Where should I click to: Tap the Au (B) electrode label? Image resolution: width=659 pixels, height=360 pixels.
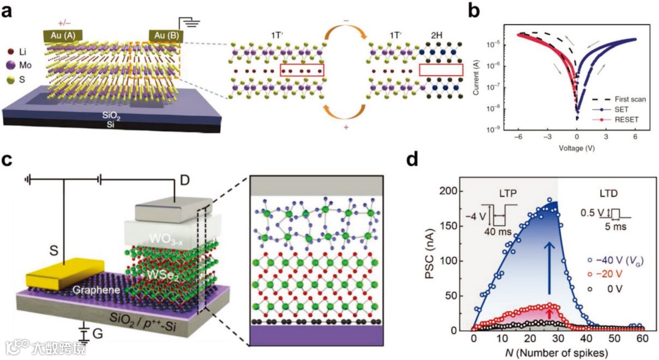(165, 35)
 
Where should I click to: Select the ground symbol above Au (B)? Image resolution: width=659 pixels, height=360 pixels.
(193, 23)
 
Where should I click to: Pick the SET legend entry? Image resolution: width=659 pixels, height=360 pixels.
(613, 109)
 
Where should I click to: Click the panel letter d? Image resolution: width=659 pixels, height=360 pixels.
(412, 160)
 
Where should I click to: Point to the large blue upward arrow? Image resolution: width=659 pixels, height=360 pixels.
(550, 266)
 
